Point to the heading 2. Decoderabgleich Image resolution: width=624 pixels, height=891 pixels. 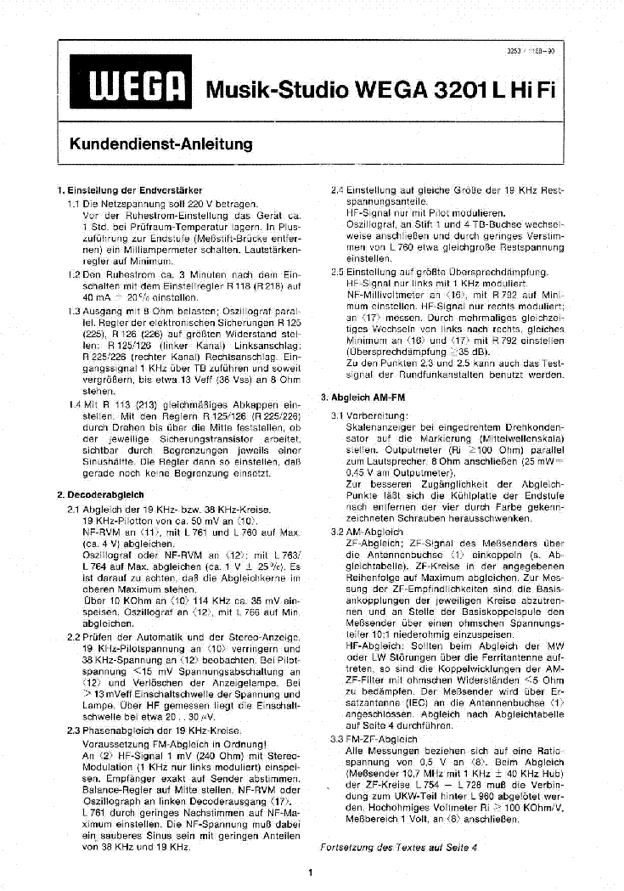coord(100,493)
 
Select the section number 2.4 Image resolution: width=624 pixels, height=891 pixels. coord(337,190)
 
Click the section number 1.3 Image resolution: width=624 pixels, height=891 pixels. coord(74,311)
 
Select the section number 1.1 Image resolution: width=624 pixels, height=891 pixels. coord(74,205)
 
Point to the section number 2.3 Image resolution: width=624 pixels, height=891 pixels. coord(73,730)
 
